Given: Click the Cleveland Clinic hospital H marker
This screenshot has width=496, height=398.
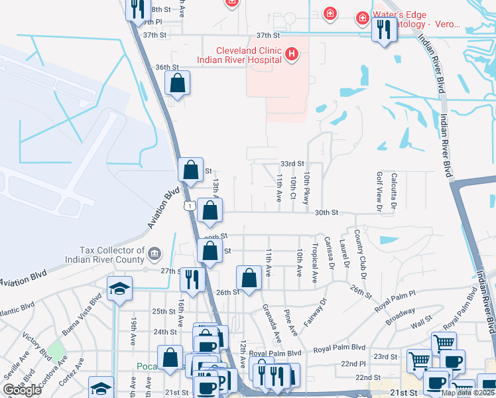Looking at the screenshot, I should [291, 53].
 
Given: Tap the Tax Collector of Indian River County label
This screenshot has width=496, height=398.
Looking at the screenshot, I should [111, 255].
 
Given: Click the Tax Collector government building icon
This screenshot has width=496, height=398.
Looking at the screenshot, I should [154, 253].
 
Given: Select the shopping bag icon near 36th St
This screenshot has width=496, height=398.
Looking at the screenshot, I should [178, 83].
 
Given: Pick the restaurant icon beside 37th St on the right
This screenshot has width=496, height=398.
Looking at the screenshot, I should [384, 29].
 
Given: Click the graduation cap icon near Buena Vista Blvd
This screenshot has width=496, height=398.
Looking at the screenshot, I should [121, 289].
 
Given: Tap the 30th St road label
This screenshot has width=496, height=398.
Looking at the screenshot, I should [326, 212].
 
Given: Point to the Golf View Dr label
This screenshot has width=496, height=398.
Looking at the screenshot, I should [379, 192].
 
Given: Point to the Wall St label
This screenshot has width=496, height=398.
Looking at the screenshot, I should [422, 325].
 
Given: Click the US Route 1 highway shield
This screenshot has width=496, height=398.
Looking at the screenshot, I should [191, 207].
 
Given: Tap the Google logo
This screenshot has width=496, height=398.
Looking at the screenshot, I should [22, 390].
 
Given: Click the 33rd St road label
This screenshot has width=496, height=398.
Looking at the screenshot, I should [292, 163].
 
